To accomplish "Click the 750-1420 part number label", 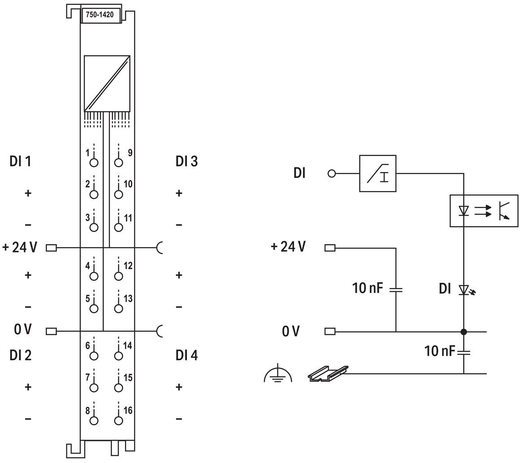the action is pos(100,15).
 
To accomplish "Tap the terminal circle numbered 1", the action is pos(94,162).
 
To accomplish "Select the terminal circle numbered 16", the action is pos(118,420).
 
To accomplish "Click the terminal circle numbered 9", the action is pos(118,162).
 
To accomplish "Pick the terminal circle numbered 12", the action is pos(118,276).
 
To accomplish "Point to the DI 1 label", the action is pos(20,162).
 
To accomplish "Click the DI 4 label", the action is pos(187,355).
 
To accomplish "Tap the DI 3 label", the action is pos(187,162).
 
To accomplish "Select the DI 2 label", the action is pos(20,355).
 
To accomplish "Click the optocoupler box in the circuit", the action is pos(484,211).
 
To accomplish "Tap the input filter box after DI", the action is pos(378,173).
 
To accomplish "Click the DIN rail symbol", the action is pos(328,374).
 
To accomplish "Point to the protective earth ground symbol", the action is pos(278,373).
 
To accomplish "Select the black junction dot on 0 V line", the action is pos(464,332).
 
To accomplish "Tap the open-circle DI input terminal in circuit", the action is pos(332,173).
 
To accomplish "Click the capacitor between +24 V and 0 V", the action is pos(396,290).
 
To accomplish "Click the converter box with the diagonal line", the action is pos(107,83).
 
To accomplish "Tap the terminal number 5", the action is pos(87,298).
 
